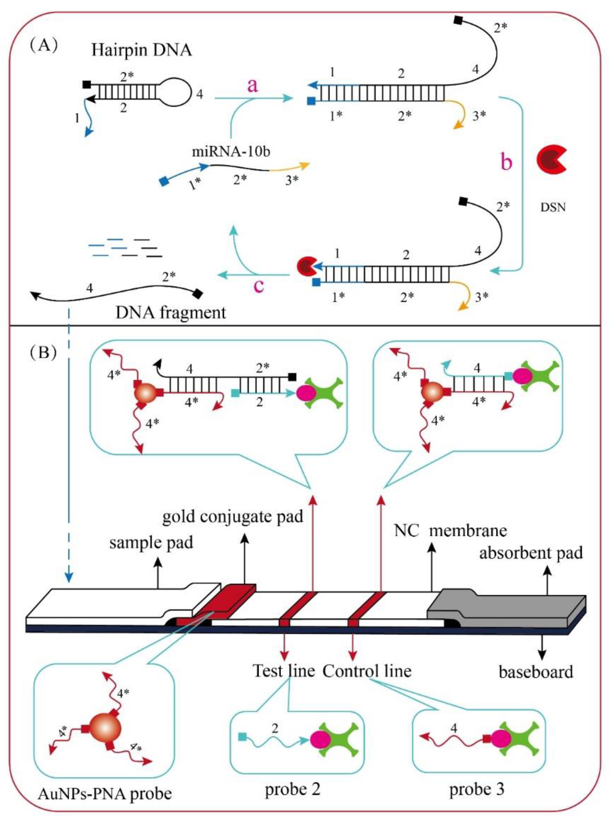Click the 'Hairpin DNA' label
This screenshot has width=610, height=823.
pos(142,50)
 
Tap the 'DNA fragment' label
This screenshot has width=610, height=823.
pos(171,313)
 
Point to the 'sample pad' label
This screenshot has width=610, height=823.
pos(151,543)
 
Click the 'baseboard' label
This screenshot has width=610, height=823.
pos(536,672)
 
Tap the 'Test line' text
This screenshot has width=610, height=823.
pos(284,670)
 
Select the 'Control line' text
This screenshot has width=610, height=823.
pos(367,670)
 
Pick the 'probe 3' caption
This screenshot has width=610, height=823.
pos(477,789)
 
